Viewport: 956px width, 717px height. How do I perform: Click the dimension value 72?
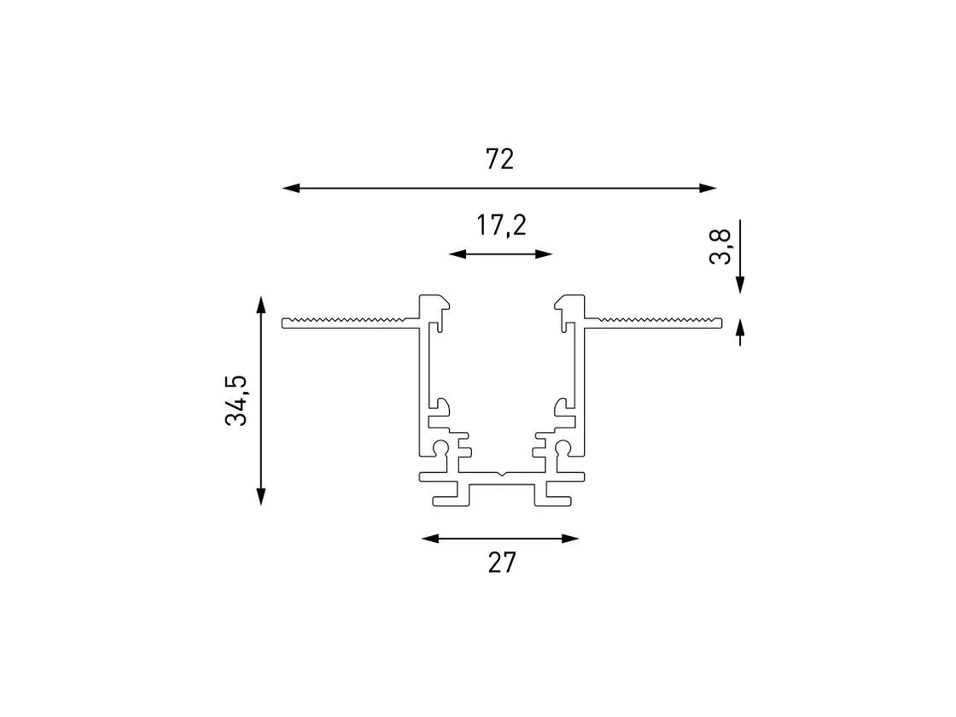[x=500, y=159]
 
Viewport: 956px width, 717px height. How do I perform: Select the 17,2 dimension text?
[x=501, y=225]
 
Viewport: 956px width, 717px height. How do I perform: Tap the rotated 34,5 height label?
[x=236, y=400]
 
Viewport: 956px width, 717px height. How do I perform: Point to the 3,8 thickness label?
[x=720, y=246]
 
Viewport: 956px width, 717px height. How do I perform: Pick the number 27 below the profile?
[x=502, y=563]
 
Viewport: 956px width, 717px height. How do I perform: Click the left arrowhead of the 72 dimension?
[x=291, y=189]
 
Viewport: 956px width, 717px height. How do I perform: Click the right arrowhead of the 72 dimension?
[x=708, y=189]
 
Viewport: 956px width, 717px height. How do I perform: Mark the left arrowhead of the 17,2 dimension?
[x=458, y=254]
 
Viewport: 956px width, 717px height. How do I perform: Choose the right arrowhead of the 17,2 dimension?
[x=544, y=254]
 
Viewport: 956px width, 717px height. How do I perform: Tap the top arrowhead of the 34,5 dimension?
[x=261, y=305]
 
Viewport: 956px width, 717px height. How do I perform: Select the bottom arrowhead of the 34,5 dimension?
[x=261, y=496]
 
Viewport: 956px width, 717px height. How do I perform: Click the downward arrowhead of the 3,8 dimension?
[x=740, y=285]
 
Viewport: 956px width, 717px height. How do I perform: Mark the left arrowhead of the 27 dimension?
[x=430, y=539]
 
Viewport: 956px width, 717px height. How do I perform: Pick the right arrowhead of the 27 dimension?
[x=570, y=539]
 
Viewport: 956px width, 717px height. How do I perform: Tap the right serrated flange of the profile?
[x=653, y=323]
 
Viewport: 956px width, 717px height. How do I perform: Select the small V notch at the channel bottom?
[x=500, y=473]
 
